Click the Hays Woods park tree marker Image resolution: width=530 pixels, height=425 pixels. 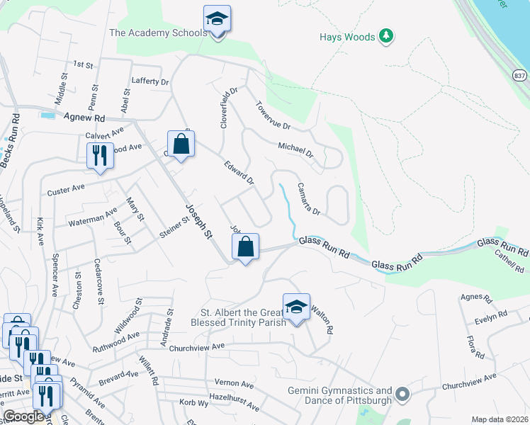point(385,35)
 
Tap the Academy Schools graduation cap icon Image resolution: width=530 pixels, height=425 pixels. point(217,19)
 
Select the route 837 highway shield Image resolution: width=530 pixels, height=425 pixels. point(519,74)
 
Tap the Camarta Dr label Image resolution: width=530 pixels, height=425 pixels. point(309,199)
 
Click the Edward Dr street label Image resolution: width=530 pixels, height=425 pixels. point(239,173)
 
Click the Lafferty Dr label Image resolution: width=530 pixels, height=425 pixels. point(150,82)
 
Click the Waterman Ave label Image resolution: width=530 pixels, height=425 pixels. point(93,217)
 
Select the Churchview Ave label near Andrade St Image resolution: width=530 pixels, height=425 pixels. point(193,346)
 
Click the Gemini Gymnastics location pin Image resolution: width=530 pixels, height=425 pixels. point(402,393)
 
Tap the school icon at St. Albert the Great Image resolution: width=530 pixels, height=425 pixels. point(296,306)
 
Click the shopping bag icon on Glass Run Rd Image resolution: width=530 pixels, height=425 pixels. point(245,247)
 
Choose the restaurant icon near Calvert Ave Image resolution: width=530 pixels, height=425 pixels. point(99,155)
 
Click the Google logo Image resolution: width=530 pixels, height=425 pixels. point(23,416)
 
